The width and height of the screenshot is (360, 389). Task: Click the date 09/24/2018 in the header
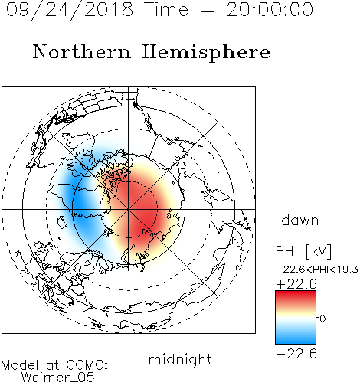(70, 10)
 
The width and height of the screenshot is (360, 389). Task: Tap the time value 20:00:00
(270, 9)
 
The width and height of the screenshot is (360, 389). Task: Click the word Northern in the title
(82, 51)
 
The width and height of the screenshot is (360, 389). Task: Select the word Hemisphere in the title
(206, 53)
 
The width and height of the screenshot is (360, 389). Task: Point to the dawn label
(300, 220)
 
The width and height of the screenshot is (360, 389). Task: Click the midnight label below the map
(180, 359)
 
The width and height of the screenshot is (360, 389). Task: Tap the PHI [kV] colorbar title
(304, 250)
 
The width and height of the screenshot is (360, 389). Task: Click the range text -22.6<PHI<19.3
(317, 270)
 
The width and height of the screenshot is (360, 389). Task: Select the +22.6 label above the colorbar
(296, 284)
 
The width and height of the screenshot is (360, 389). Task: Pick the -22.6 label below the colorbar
(296, 354)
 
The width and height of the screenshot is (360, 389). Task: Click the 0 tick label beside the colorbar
(322, 319)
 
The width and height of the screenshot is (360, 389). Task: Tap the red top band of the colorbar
(296, 296)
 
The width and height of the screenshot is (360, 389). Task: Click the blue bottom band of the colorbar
(296, 339)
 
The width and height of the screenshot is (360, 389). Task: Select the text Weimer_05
(57, 377)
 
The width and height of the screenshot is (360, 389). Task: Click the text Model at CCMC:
(54, 365)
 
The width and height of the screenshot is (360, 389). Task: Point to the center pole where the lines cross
(129, 209)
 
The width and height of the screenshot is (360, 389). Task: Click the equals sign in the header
(207, 11)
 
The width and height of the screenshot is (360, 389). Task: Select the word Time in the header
(166, 9)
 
